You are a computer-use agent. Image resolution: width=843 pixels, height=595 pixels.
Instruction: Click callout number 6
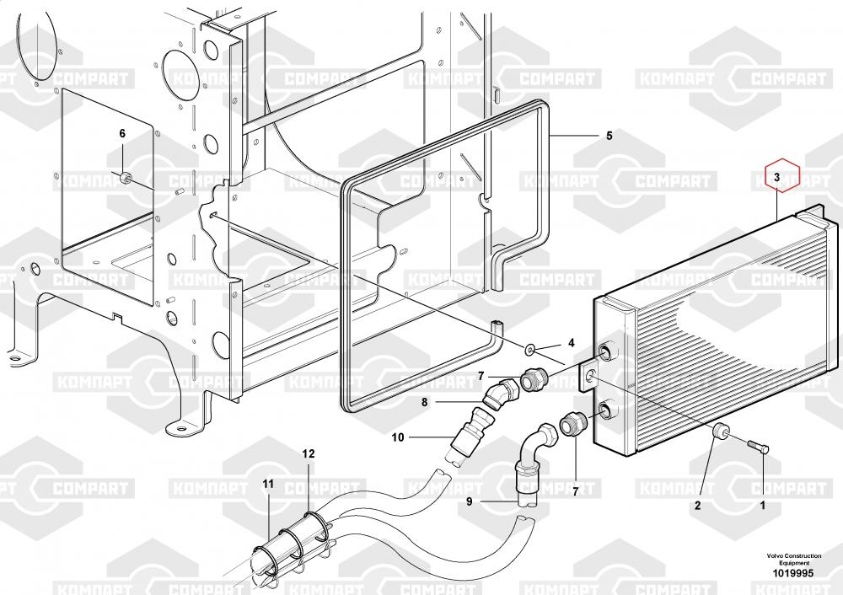click(x=122, y=133)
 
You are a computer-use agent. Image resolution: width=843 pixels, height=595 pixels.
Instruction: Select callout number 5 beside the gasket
click(x=609, y=136)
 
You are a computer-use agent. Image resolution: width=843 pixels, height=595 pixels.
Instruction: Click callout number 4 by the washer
click(x=572, y=343)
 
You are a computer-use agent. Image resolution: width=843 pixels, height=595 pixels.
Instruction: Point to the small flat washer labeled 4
click(x=530, y=351)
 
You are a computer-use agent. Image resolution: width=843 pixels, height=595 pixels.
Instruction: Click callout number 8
click(x=425, y=401)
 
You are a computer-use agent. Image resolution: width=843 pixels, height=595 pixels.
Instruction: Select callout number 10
click(x=398, y=437)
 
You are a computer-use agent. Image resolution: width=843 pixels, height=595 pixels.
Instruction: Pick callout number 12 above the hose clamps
click(x=308, y=453)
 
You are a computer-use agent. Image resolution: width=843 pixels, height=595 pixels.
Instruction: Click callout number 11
click(x=268, y=484)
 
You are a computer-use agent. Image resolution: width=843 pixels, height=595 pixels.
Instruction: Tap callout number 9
click(x=470, y=501)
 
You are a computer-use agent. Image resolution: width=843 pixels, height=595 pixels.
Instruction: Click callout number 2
click(x=698, y=505)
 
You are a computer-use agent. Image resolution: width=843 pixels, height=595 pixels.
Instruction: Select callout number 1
click(x=762, y=505)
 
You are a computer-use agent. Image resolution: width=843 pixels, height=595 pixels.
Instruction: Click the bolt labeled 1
click(x=759, y=446)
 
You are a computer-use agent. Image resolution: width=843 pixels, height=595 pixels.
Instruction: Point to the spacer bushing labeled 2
click(x=720, y=431)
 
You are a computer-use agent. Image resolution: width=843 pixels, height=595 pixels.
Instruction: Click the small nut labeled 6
click(x=125, y=177)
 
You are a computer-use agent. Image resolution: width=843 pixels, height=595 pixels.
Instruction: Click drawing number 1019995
click(x=793, y=573)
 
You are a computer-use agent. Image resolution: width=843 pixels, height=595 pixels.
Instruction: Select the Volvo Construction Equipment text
click(x=794, y=559)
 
